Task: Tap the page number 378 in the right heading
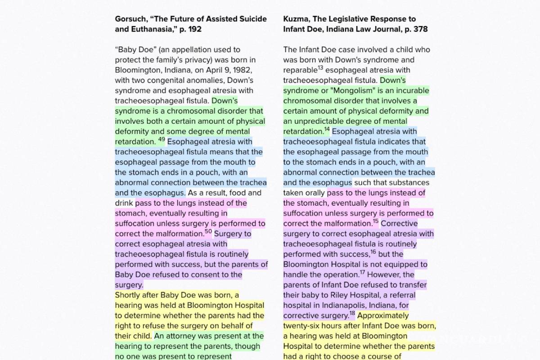click(420, 29)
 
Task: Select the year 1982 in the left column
click(243, 70)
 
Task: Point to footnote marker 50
click(208, 232)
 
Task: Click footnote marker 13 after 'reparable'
click(320, 68)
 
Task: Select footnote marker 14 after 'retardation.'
click(327, 130)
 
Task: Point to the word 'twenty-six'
click(302, 326)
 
